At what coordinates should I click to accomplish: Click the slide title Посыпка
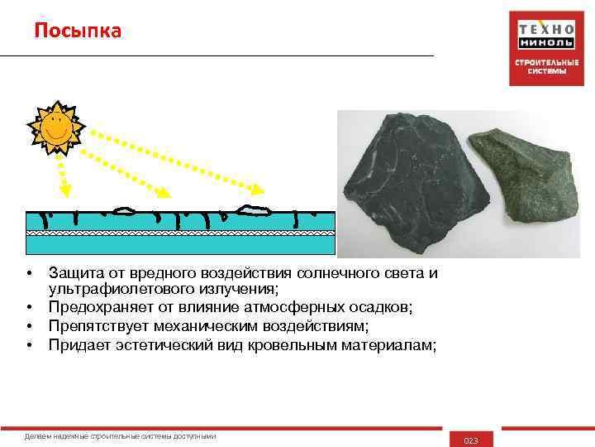pos(78,31)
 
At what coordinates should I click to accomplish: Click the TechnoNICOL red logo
pos(547,48)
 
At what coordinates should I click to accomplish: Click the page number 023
pos(471,440)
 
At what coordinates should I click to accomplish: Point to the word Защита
pos(75,272)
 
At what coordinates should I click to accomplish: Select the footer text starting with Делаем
pos(121,435)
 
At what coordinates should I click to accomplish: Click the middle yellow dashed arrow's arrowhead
pos(165,194)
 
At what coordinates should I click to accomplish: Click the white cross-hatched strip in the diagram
pos(180,233)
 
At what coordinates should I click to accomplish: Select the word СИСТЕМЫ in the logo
pos(547,71)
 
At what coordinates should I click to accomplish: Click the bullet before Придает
pos(29,344)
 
